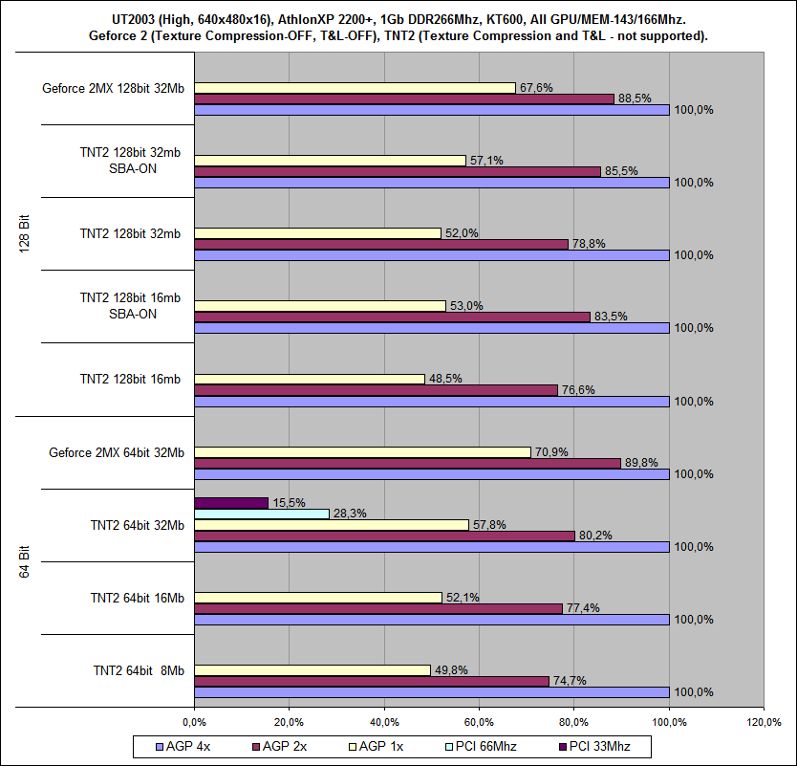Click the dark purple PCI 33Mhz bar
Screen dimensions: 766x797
tap(231, 502)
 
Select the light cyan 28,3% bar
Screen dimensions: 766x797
tap(261, 514)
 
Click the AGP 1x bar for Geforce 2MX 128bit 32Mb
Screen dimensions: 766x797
tap(355, 87)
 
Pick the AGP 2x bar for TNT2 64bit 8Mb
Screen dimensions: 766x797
tap(372, 681)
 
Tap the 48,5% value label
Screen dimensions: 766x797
tap(446, 379)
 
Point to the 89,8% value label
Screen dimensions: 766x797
tap(640, 463)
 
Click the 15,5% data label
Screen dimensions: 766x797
tap(289, 502)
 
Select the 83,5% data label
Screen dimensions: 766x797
tap(610, 317)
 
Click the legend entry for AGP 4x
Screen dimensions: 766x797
tap(182, 745)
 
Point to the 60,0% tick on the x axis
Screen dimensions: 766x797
tap(479, 720)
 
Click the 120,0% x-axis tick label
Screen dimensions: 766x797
tap(764, 720)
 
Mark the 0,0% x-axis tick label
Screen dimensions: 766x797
tap(194, 720)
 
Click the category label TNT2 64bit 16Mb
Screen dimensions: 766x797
tap(138, 598)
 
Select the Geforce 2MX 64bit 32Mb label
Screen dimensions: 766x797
tap(117, 452)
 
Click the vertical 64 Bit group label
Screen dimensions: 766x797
tap(25, 560)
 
